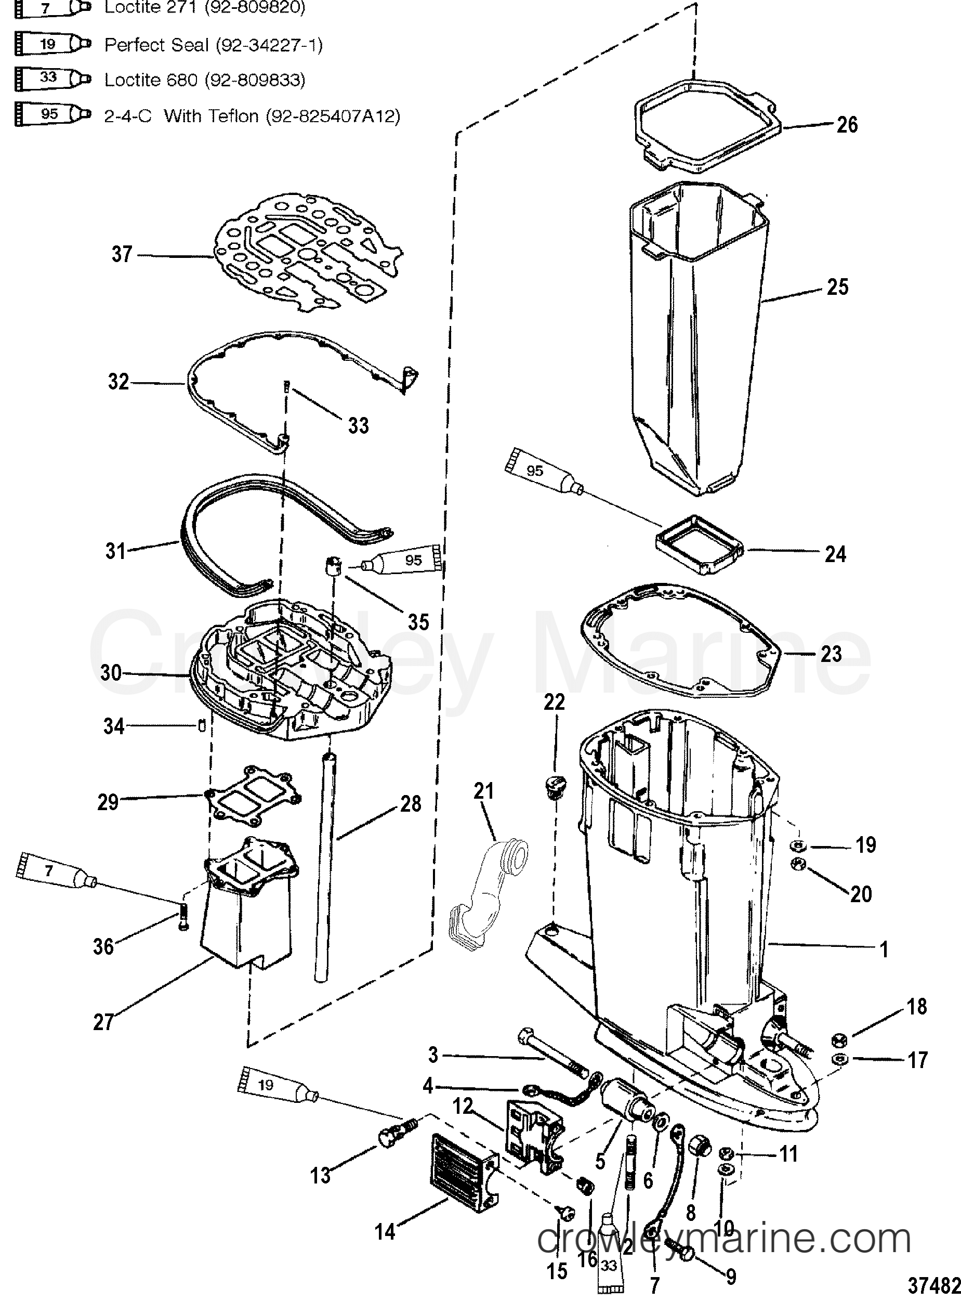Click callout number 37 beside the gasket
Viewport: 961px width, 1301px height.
click(x=122, y=254)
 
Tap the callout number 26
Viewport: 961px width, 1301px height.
click(x=847, y=124)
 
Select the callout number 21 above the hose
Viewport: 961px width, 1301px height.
click(x=483, y=791)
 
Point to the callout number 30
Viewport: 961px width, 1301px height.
click(x=111, y=673)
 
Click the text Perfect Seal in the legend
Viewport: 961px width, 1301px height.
click(x=156, y=45)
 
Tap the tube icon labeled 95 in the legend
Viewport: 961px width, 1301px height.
click(x=52, y=114)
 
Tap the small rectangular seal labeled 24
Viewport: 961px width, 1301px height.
click(x=700, y=544)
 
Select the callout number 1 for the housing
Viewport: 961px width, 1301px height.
click(x=884, y=949)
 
